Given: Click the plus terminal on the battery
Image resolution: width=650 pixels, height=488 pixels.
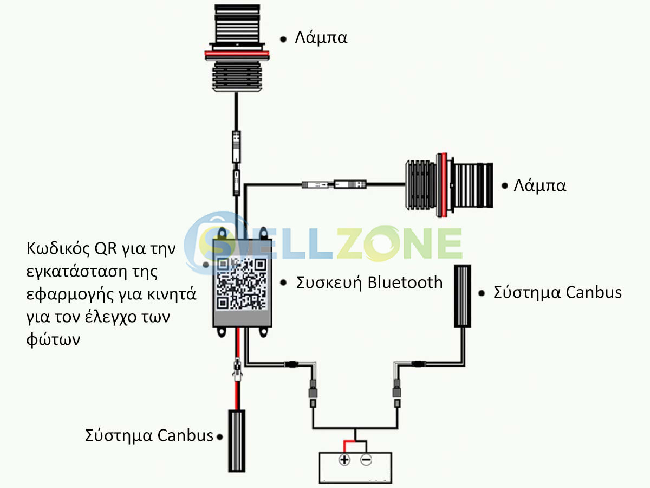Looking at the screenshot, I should (x=344, y=460).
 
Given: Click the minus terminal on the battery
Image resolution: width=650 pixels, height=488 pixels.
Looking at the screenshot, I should (x=366, y=460).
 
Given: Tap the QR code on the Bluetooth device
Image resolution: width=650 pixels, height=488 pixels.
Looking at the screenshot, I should (x=242, y=283).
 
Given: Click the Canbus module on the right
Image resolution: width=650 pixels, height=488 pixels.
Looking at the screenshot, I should (x=462, y=296).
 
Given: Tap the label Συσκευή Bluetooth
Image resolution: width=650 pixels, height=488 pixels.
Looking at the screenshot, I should (x=369, y=282).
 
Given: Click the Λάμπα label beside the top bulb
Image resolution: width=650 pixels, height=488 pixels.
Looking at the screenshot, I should (x=321, y=38).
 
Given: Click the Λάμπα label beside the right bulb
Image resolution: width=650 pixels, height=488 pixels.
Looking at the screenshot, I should (x=539, y=185).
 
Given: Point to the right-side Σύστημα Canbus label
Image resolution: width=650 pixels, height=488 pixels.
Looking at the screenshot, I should (x=557, y=292).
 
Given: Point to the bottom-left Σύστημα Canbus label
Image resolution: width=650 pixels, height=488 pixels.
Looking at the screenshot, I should (x=149, y=435).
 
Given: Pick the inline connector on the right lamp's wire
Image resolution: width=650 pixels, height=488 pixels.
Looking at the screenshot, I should (x=334, y=185).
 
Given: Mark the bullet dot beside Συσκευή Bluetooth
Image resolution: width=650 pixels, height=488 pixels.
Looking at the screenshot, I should (x=283, y=283).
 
